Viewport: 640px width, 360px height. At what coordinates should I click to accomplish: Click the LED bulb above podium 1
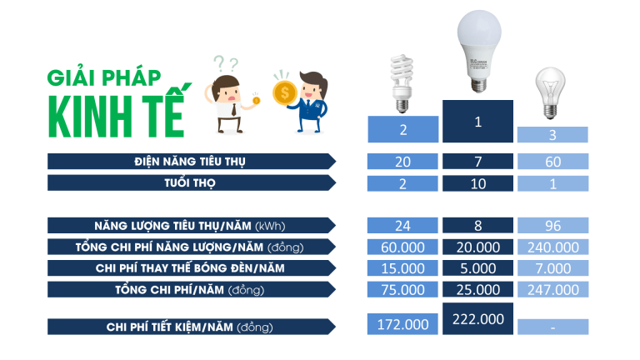tap(479, 51)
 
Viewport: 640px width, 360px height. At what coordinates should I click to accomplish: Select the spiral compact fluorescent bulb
tap(402, 83)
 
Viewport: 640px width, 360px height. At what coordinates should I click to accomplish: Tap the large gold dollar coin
tap(284, 92)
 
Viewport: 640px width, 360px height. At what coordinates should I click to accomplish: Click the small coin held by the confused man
tap(257, 100)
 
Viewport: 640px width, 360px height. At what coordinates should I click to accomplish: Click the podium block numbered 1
tap(478, 121)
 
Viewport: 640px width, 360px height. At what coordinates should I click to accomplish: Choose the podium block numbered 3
tap(552, 135)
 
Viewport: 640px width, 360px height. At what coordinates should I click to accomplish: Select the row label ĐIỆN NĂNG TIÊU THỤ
tap(191, 161)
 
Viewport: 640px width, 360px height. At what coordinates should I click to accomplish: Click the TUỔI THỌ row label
tap(191, 182)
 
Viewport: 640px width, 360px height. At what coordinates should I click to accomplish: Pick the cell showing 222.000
tap(478, 319)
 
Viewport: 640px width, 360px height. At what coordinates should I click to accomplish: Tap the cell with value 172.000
tap(402, 324)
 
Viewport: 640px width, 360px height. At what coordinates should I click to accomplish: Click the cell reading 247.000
tap(553, 289)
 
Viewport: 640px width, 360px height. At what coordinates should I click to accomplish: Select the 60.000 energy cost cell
tap(402, 247)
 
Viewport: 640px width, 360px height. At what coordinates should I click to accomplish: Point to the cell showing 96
tap(553, 225)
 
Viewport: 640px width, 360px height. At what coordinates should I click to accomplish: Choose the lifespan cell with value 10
tap(478, 183)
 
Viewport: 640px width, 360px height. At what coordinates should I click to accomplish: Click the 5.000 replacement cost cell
tap(478, 268)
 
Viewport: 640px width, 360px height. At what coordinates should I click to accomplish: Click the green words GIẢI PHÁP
tap(104, 77)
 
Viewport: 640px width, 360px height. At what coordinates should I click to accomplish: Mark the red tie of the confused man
tap(233, 109)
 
